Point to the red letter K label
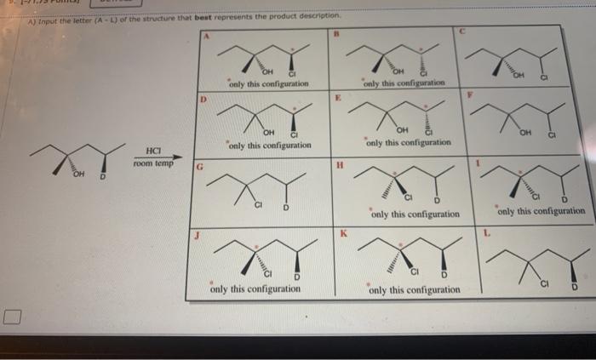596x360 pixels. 344,231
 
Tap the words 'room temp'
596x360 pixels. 155,163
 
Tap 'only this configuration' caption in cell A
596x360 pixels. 268,84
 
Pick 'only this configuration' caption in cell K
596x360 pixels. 415,290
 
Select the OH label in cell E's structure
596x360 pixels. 403,129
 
